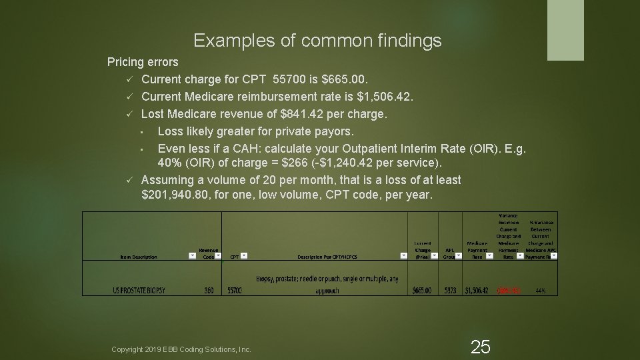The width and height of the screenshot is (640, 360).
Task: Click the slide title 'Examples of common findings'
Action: coord(317,41)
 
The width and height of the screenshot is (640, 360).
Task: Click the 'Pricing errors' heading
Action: coord(143,62)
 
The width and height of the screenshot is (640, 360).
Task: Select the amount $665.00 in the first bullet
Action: coord(347,79)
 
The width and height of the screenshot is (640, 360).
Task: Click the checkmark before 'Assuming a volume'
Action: coord(131,180)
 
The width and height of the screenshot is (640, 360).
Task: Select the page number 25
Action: coord(480,347)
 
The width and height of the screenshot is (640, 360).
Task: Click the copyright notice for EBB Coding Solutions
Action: coord(181,349)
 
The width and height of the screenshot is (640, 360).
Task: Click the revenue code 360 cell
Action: coord(208,291)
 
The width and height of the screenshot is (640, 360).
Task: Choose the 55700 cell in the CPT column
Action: coord(235,291)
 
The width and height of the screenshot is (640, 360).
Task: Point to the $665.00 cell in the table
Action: coord(422,291)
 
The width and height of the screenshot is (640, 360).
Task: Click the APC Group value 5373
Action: coord(450,291)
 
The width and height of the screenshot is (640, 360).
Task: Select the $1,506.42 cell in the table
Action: coord(477,291)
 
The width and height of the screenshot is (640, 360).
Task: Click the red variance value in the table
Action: coord(509,291)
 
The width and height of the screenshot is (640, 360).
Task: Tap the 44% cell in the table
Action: coord(540,291)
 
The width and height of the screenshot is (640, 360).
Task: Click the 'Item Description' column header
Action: coord(139,256)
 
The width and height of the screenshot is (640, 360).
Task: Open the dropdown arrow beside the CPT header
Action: coord(244,255)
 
